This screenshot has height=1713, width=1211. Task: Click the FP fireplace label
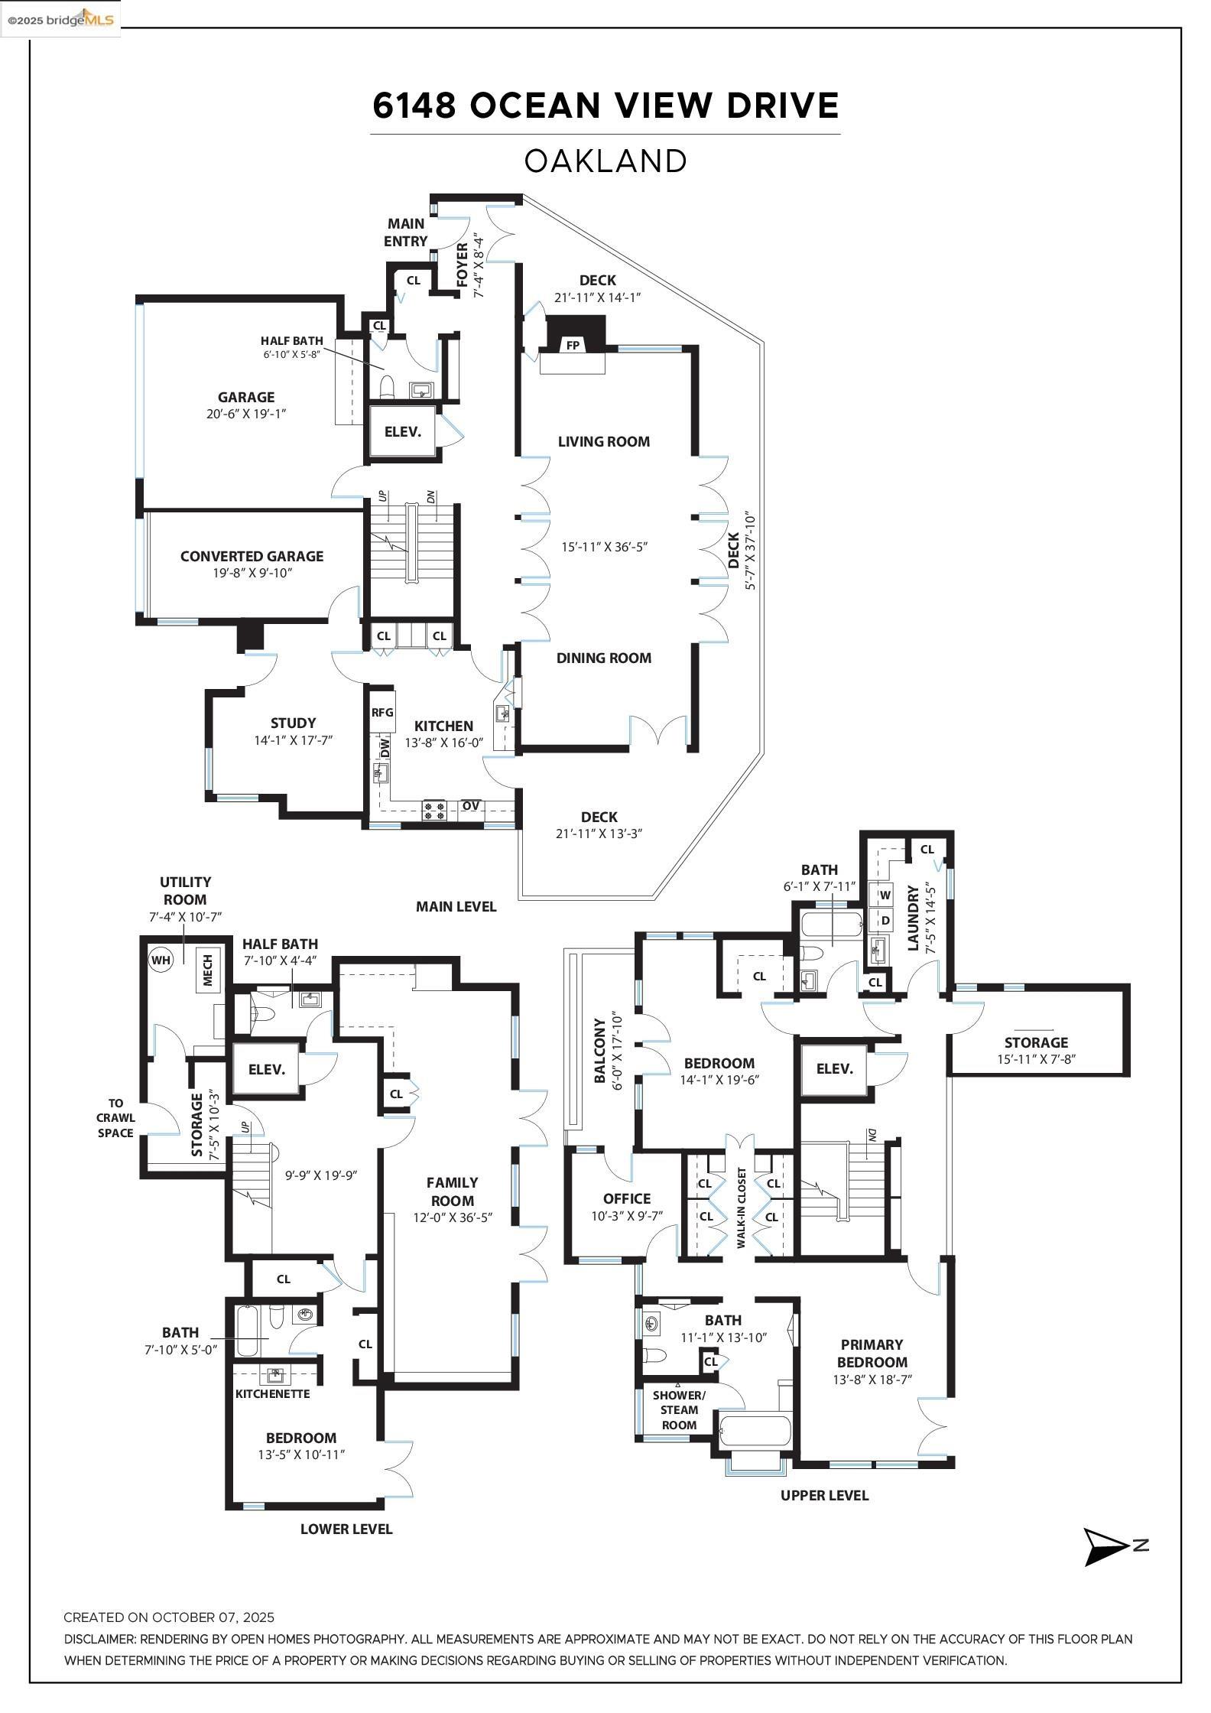(x=573, y=345)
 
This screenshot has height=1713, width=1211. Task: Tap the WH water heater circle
(x=161, y=959)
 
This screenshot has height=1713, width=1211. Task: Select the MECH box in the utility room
(x=207, y=969)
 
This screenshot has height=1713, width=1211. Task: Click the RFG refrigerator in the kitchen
(x=382, y=712)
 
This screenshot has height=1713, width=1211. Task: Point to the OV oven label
(x=471, y=806)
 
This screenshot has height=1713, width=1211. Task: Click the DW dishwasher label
(x=385, y=747)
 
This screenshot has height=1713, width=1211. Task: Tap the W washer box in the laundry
(x=885, y=895)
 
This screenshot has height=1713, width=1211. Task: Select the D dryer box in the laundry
(x=885, y=920)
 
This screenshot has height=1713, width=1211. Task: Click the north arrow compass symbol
(x=1107, y=1546)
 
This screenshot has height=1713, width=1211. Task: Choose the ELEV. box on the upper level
(x=834, y=1068)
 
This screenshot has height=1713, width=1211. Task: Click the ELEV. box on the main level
(x=403, y=431)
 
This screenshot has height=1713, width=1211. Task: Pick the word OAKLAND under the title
(x=605, y=161)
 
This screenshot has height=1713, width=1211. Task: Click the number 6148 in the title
(x=414, y=106)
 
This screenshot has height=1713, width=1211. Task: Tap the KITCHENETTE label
(x=273, y=1393)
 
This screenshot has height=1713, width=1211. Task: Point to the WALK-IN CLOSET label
(x=740, y=1208)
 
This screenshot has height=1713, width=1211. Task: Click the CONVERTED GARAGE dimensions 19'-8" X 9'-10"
(x=252, y=573)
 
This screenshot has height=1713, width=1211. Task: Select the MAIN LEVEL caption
(x=456, y=906)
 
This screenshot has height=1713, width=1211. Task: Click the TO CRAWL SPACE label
(x=115, y=1118)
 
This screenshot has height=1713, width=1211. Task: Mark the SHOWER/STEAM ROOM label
(x=679, y=1409)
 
